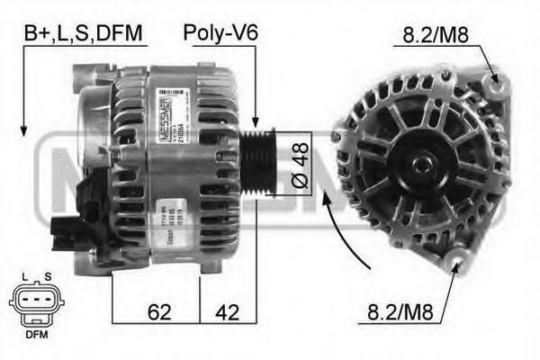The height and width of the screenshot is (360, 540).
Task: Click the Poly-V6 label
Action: [x=220, y=34]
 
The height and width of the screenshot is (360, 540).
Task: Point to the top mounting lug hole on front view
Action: [x=494, y=83]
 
